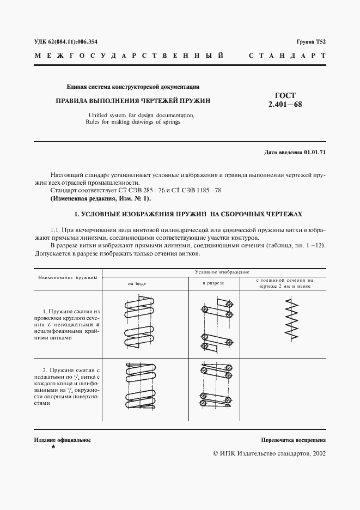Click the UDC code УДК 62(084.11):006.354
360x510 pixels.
click(x=66, y=41)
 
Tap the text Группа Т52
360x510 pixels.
click(x=311, y=41)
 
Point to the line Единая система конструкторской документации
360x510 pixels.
click(x=133, y=86)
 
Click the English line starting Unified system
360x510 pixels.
click(x=140, y=115)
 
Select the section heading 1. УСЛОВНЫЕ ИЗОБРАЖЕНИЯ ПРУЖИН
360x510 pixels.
click(x=180, y=214)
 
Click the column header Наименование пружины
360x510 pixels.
click(x=68, y=277)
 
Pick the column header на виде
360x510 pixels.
click(x=137, y=283)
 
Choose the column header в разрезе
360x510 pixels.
click(x=213, y=283)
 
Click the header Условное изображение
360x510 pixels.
click(x=213, y=271)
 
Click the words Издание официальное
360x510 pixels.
click(x=62, y=439)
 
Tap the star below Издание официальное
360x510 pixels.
click(x=53, y=447)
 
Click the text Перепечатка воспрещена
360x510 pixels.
click(x=293, y=439)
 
